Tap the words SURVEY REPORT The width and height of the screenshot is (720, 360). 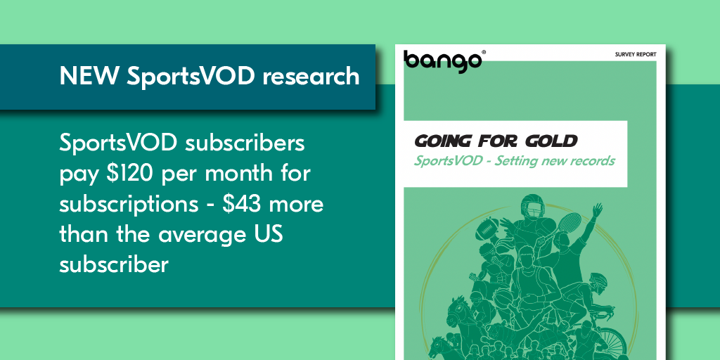pos(636,55)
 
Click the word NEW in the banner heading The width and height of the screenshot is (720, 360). pos(89,76)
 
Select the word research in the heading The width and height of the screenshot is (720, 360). pos(311,76)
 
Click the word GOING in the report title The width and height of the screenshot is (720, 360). pos(443,141)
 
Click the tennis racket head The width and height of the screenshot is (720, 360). pos(571,224)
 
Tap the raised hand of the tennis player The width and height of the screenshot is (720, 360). pos(596,210)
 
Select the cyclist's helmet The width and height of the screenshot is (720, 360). pos(598,278)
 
